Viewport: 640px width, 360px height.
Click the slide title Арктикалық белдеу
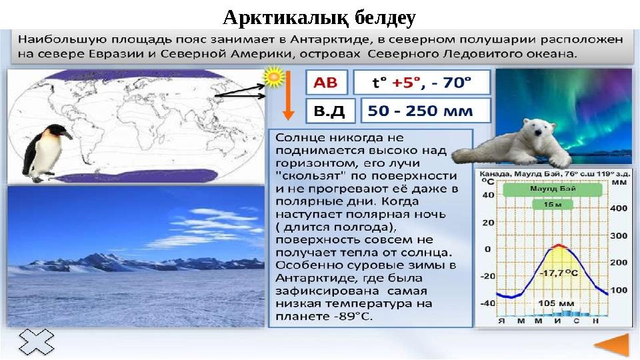point(319,15)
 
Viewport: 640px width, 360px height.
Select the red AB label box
point(326,83)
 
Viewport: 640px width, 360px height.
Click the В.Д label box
point(330,111)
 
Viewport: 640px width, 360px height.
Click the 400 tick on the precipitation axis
point(619,208)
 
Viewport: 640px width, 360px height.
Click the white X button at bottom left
point(36,344)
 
